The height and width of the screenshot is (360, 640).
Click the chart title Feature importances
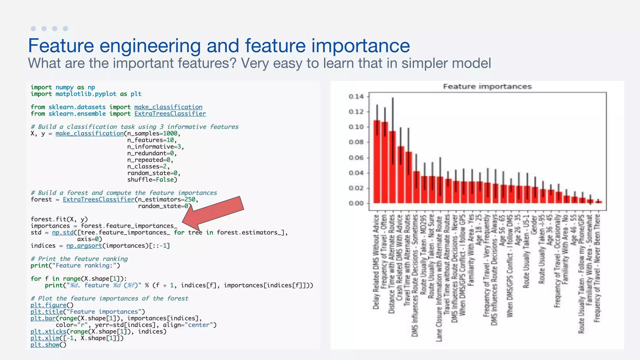pyautogui.click(x=487, y=87)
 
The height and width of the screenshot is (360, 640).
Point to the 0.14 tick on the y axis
pyautogui.click(x=356, y=97)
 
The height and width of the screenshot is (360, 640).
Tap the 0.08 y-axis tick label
pyautogui.click(x=356, y=142)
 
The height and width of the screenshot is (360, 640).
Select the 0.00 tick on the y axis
pyautogui.click(x=356, y=203)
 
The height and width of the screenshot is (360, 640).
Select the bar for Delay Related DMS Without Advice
pyautogui.click(x=377, y=162)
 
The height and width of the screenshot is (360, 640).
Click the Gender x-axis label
pyautogui.click(x=534, y=225)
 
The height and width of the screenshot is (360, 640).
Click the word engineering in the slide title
pyautogui.click(x=150, y=46)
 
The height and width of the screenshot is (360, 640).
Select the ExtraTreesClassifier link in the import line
pyautogui.click(x=170, y=114)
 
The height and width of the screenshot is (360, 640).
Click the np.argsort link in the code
pyautogui.click(x=84, y=246)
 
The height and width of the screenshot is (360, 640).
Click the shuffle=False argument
pyautogui.click(x=152, y=180)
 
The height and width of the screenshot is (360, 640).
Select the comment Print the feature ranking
pyautogui.click(x=79, y=259)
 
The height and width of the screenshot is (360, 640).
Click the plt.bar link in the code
pyautogui.click(x=43, y=318)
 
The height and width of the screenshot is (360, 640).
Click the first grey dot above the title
pyautogui.click(x=33, y=29)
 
